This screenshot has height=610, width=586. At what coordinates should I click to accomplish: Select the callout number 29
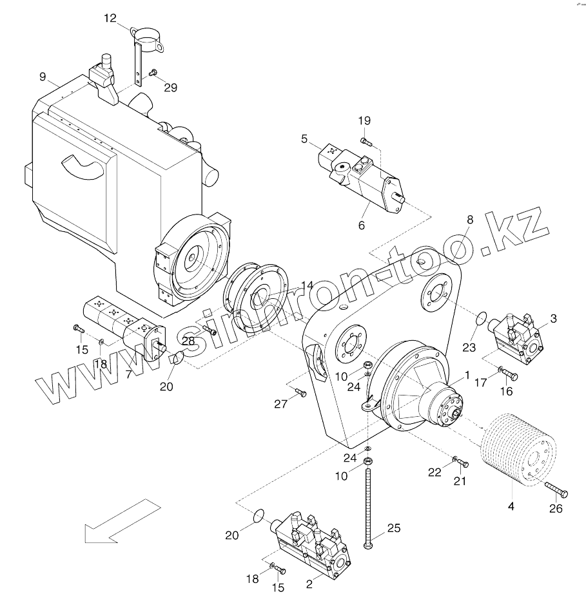click(170, 88)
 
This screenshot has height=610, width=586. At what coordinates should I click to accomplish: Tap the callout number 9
click(43, 77)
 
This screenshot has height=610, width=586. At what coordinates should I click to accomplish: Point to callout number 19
click(364, 120)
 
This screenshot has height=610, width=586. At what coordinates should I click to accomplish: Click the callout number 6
click(361, 225)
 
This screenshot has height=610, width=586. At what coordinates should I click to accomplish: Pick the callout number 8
click(469, 220)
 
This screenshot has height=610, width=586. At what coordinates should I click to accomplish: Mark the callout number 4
click(511, 506)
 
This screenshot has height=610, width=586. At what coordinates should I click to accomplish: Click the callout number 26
click(555, 509)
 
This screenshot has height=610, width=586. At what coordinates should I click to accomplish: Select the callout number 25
click(393, 528)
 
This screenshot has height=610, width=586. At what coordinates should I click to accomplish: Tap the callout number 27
click(280, 404)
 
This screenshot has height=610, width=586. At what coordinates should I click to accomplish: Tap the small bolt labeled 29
click(153, 73)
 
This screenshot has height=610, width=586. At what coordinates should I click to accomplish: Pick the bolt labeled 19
click(364, 140)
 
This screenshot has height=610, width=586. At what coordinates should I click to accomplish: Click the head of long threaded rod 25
click(368, 546)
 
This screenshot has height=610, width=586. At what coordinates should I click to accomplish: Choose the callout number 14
click(306, 285)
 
